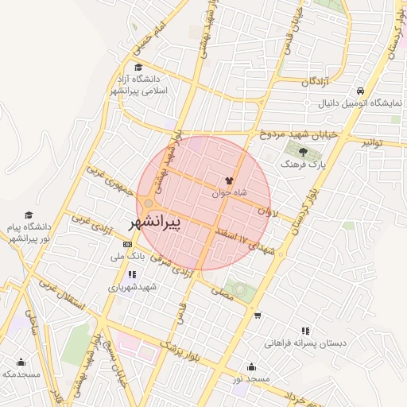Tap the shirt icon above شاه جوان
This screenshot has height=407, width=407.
tap(230, 181)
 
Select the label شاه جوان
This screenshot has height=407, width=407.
tap(230, 193)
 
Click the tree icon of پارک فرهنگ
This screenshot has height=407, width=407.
tap(304, 151)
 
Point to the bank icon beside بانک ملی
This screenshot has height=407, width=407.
tap(129, 243)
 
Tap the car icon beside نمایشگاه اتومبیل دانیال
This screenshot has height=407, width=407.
tap(362, 91)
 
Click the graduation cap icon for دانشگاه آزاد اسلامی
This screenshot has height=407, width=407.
tap(139, 68)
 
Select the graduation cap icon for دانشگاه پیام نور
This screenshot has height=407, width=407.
tap(29, 215)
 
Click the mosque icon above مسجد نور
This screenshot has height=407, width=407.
tap(252, 366)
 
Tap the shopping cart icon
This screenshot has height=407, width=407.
tap(258, 316)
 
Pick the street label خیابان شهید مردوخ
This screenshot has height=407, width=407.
tap(298, 134)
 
